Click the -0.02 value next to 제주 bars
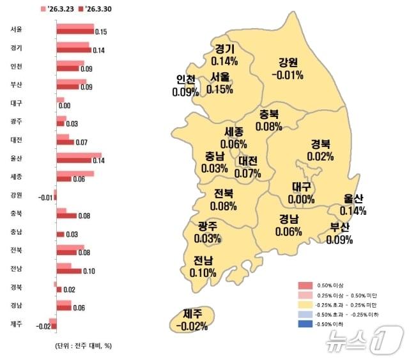tap(43, 327)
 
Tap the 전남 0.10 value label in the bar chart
tap(89, 271)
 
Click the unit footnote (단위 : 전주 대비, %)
tap(83, 345)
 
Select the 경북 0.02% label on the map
tap(320, 150)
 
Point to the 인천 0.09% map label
tap(185, 86)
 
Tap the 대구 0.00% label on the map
tap(300, 192)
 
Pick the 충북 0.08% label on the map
tap(269, 120)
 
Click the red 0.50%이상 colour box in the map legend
tap(307, 285)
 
